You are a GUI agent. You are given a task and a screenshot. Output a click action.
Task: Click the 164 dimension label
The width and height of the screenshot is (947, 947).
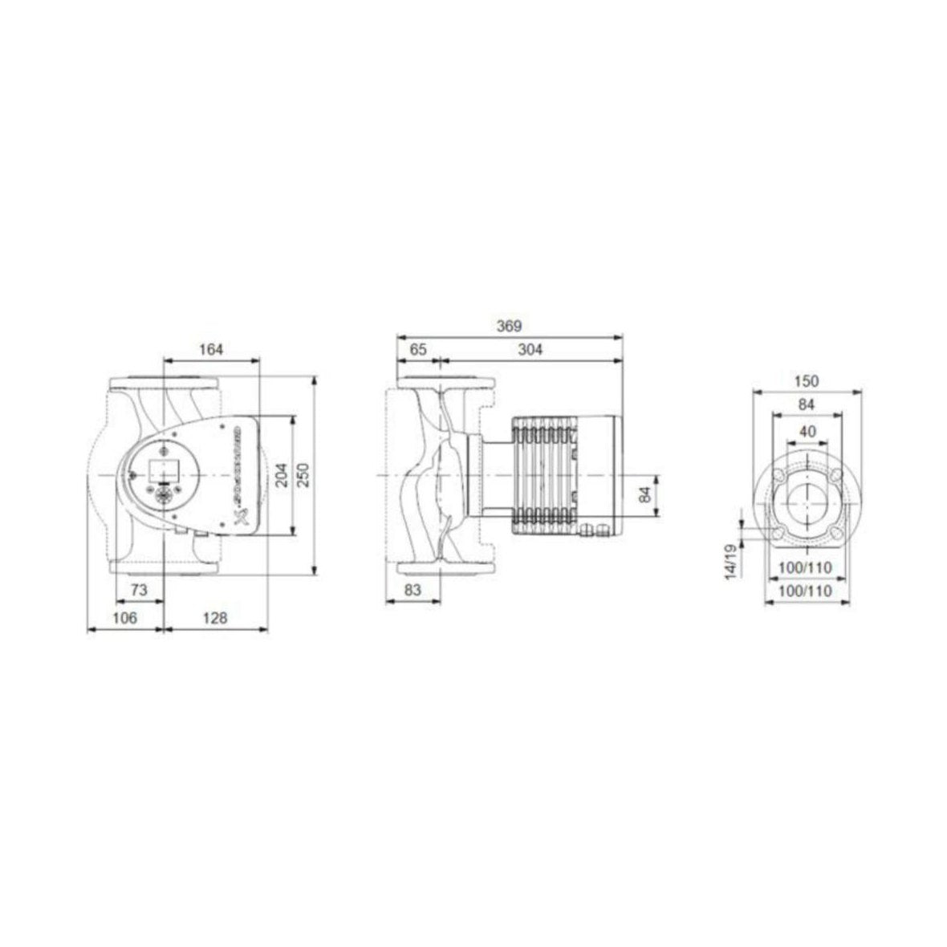[x=211, y=349]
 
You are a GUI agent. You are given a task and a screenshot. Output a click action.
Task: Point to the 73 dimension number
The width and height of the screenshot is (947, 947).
[x=139, y=590]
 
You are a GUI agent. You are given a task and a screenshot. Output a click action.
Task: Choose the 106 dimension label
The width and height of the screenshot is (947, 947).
[x=124, y=618]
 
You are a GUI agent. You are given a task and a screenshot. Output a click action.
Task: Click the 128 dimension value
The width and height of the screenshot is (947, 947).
[x=214, y=618]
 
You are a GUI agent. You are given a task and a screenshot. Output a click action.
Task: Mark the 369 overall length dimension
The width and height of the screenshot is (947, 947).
[x=509, y=326]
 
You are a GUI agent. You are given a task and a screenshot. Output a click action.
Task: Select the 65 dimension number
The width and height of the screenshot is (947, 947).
[x=418, y=349]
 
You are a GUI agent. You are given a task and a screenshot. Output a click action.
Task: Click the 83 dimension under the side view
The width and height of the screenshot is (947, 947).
[x=412, y=590]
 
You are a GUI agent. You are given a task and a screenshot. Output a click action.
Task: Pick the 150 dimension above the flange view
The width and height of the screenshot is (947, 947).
[x=807, y=380]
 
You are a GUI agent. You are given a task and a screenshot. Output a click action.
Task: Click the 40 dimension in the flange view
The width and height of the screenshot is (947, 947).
[x=807, y=431]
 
